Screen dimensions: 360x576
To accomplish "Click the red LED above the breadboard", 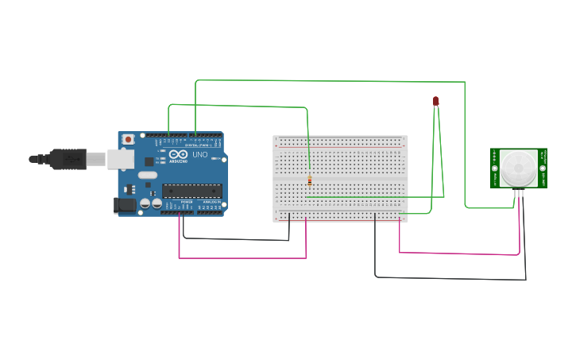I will [x=435, y=101].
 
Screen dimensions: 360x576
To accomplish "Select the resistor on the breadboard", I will [x=309, y=181].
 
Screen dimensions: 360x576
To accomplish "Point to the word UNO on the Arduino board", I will [x=199, y=154].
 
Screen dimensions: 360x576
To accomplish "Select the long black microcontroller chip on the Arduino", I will [x=191, y=190].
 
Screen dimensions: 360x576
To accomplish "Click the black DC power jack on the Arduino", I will [x=124, y=205].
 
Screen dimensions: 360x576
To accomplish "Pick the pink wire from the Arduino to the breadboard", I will [x=238, y=257].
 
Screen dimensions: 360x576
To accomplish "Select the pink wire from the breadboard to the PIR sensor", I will [x=461, y=254].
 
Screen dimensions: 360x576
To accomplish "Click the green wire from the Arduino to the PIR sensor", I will [x=334, y=80].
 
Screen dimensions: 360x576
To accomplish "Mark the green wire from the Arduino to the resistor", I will [x=238, y=106].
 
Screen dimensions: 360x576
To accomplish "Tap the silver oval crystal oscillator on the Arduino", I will [x=148, y=174].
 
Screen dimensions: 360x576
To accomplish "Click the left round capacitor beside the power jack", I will [x=145, y=204].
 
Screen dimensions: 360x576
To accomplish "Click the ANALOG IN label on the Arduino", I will [x=211, y=203].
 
